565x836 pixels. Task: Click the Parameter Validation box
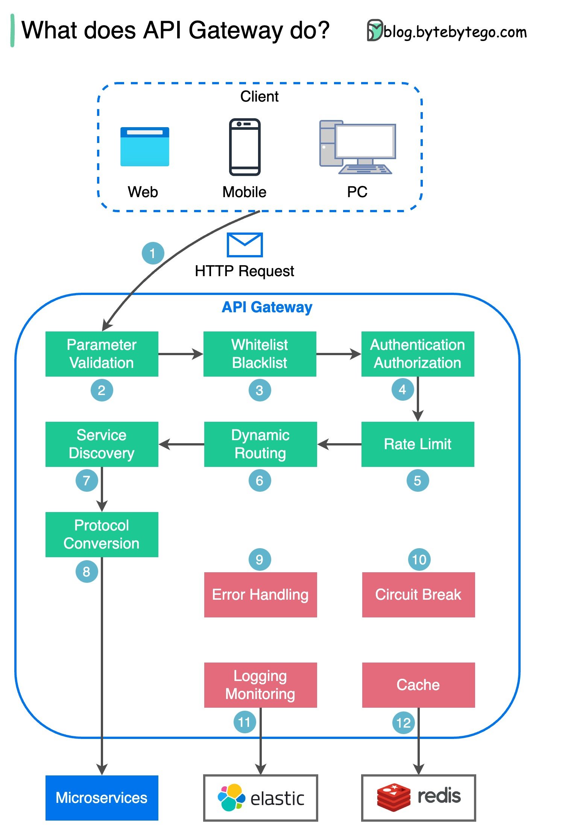pyautogui.click(x=102, y=354)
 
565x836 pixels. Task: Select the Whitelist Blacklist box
pyautogui.click(x=260, y=354)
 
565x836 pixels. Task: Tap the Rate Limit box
pyautogui.click(x=418, y=444)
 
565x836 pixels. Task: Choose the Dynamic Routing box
pyautogui.click(x=260, y=444)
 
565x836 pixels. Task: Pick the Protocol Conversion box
pyautogui.click(x=102, y=534)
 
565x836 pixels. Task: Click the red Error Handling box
pyautogui.click(x=260, y=594)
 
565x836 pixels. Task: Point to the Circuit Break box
pyautogui.click(x=418, y=594)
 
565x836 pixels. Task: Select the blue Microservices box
pyautogui.click(x=102, y=798)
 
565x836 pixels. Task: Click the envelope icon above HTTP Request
pyautogui.click(x=245, y=245)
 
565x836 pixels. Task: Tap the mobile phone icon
pyautogui.click(x=245, y=147)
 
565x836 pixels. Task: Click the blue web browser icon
pyautogui.click(x=145, y=147)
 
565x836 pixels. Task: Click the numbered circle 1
pyautogui.click(x=153, y=253)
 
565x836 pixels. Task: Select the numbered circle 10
pyautogui.click(x=419, y=559)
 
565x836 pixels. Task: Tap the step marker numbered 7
pyautogui.click(x=87, y=480)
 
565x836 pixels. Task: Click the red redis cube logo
pyautogui.click(x=393, y=797)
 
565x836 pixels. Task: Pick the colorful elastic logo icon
pyautogui.click(x=231, y=797)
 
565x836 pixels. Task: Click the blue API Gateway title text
pyautogui.click(x=267, y=307)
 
